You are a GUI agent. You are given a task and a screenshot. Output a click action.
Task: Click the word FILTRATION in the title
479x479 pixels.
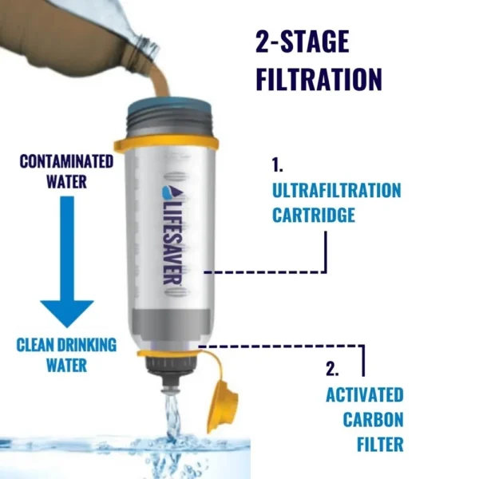[x=319, y=78]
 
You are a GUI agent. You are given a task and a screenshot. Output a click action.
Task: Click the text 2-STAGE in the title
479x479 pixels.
[x=302, y=42]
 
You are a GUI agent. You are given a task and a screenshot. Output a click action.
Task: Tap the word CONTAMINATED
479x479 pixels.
[x=66, y=161]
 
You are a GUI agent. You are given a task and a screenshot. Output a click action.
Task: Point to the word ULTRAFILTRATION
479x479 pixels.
[x=336, y=191]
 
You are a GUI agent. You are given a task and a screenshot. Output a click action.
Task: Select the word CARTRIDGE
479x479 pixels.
[x=314, y=215]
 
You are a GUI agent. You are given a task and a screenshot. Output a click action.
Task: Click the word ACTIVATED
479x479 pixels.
[x=365, y=394]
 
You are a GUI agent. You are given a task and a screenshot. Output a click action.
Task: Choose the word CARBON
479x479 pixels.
[x=373, y=419]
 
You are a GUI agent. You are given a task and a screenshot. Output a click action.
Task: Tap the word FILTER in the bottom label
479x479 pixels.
[x=380, y=444]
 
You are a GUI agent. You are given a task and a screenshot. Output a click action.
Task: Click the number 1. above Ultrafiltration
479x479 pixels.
[x=277, y=165]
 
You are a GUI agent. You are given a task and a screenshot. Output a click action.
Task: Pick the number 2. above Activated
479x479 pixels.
[x=332, y=369]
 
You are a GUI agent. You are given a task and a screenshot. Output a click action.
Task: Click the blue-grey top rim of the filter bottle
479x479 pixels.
[x=169, y=108]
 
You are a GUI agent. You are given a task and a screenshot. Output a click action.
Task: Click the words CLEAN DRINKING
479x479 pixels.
[x=66, y=345]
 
